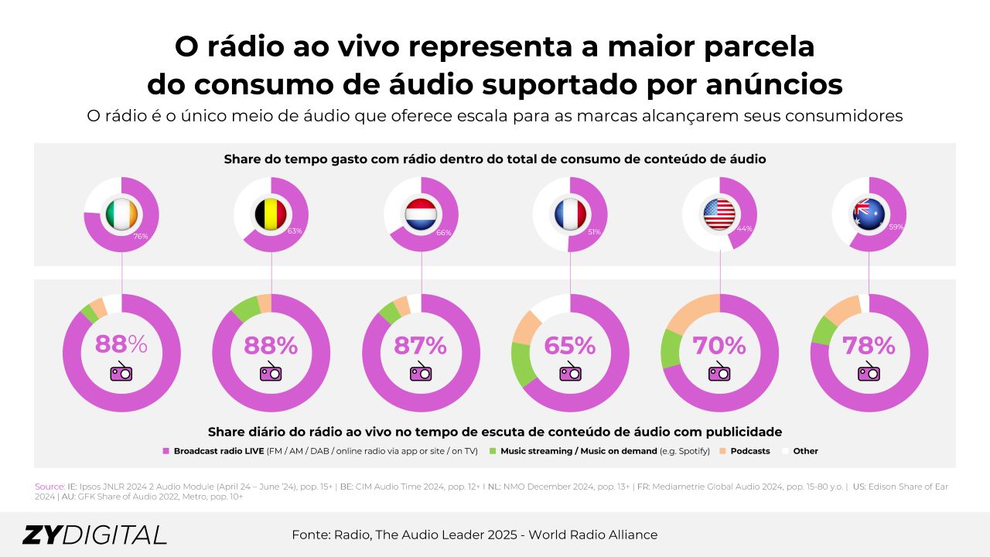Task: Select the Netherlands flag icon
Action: pos(422,214)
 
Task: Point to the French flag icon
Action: pos(570,214)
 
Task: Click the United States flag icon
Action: pos(720,214)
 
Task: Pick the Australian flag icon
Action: pos(869,214)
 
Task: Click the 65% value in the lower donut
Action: pos(570,345)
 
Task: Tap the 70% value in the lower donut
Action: pos(720,345)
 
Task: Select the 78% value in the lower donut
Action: pos(869,345)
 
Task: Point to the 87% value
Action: pos(421,345)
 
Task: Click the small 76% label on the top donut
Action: pos(141,236)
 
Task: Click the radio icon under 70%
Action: pos(719,372)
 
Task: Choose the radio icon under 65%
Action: pos(570,372)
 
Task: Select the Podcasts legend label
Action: pos(749,451)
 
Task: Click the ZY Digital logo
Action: pos(94,535)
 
